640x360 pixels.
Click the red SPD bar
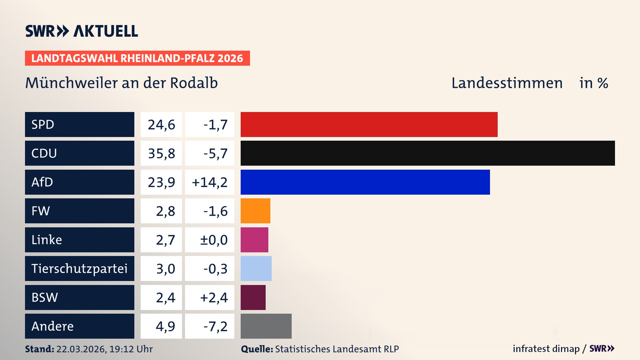(x=369, y=124)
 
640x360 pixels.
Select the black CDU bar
(x=427, y=153)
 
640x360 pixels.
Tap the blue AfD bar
(x=365, y=182)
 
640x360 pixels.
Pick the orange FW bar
(x=255, y=211)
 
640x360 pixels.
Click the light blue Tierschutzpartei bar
(x=256, y=268)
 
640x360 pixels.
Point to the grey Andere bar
(x=266, y=326)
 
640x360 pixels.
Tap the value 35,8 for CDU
(x=161, y=153)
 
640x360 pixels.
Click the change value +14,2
(x=210, y=182)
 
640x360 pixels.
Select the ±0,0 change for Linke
(x=214, y=240)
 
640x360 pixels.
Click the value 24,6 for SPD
(x=161, y=125)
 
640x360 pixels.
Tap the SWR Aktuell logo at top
(x=82, y=31)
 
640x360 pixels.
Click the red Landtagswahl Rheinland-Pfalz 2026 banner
(x=137, y=58)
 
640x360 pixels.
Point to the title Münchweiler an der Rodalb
(x=121, y=83)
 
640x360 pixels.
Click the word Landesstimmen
(x=507, y=83)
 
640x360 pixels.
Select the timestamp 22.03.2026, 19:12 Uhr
(x=104, y=349)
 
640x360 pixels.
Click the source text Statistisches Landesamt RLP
(x=337, y=349)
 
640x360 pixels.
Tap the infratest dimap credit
(x=546, y=349)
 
